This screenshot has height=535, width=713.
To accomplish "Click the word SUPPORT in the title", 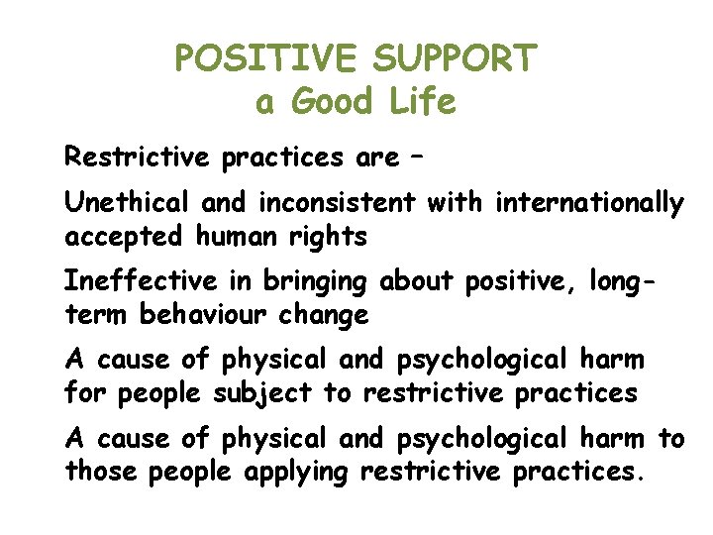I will click(x=455, y=58).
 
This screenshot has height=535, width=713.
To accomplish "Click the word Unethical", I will click(x=128, y=203).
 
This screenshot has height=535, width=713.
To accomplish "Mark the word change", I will click(x=332, y=316).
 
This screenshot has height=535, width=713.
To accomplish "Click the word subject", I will click(x=262, y=394).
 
